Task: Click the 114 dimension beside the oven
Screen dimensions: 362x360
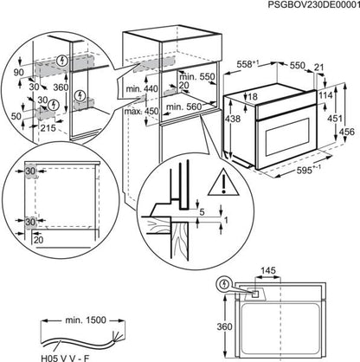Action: (x=325, y=94)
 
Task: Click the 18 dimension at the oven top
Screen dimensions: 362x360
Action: (x=251, y=98)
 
